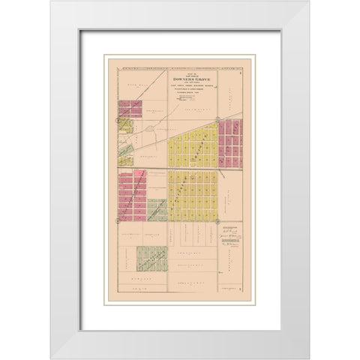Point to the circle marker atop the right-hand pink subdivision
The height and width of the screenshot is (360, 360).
pyautogui.click(x=218, y=120)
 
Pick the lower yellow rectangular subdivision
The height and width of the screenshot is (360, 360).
pyautogui.click(x=192, y=195)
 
